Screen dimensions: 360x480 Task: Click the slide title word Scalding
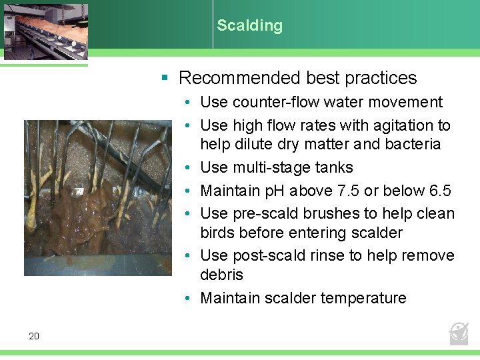(249, 25)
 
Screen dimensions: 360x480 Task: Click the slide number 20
(34, 336)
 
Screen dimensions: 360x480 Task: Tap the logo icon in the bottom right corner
(459, 332)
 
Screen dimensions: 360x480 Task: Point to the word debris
(222, 275)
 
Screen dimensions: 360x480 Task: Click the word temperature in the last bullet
(363, 298)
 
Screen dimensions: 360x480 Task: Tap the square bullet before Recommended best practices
(164, 78)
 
